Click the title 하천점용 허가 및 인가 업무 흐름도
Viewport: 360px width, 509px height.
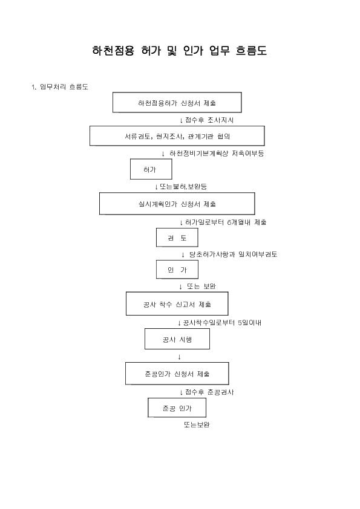pos(179,51)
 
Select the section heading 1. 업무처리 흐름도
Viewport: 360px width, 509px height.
pos(60,86)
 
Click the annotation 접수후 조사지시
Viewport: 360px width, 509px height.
pos(209,120)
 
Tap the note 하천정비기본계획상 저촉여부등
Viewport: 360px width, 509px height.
pos(217,153)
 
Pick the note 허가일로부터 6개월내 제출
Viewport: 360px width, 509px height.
pos(226,222)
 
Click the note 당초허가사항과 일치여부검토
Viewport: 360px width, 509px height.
pos(234,254)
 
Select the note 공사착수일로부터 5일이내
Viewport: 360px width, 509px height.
pos(222,323)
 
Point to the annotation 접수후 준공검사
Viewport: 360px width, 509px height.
pos(209,392)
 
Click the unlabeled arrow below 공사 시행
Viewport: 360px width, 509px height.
pos(179,357)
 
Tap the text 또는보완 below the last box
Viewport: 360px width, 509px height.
pos(197,424)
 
